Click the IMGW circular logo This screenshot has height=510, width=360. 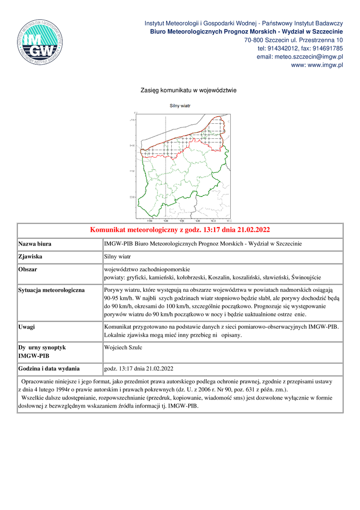click(x=40, y=42)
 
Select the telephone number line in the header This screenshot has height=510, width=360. click(x=300, y=48)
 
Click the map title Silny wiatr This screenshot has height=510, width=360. click(x=180, y=106)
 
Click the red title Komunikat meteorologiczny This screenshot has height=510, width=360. click(x=180, y=230)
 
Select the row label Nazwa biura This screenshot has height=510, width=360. click(x=35, y=244)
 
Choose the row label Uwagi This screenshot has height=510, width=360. click(x=26, y=327)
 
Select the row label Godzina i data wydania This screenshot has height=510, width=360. click(x=49, y=368)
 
